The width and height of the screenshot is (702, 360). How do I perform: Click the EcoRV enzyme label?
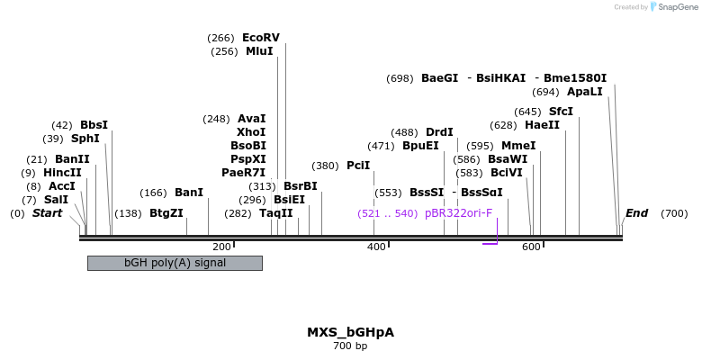coord(260,38)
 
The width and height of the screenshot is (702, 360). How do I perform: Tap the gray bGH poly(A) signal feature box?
coord(175,263)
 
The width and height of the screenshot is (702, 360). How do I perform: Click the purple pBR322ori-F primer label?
coord(458,213)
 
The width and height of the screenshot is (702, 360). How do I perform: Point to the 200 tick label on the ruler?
coord(221,247)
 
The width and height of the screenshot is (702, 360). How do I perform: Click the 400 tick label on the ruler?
coord(376,247)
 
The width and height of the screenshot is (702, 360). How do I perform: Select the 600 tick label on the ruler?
coord(531,247)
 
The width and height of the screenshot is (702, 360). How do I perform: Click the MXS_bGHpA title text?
coord(350,332)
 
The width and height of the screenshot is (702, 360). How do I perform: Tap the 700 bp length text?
coord(350,346)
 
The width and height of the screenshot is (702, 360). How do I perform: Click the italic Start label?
coord(48,213)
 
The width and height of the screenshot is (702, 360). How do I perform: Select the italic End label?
coord(636,213)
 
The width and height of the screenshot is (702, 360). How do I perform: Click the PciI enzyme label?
coord(358,166)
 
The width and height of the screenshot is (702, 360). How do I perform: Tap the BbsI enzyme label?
coord(94,125)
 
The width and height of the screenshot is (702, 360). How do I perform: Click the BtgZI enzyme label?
coord(166,213)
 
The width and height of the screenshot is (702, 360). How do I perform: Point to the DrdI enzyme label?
coord(439,132)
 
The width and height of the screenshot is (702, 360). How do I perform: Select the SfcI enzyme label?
coord(561,112)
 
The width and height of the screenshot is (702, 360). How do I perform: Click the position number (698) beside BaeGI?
coord(400,78)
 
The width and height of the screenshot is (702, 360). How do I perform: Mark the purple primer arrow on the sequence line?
coord(490,241)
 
